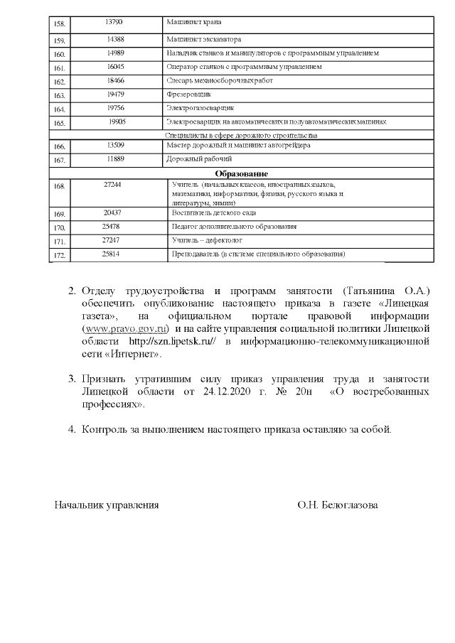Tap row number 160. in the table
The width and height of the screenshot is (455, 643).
tap(60, 54)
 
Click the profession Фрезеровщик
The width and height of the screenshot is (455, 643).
tap(186, 94)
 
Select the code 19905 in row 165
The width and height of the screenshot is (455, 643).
tap(117, 121)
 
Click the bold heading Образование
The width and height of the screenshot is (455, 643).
tap(241, 173)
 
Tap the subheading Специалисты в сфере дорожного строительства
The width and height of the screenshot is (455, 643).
tap(241, 134)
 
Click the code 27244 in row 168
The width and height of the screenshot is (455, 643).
tap(112, 184)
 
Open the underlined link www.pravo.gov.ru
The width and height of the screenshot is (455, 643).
tap(125, 328)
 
